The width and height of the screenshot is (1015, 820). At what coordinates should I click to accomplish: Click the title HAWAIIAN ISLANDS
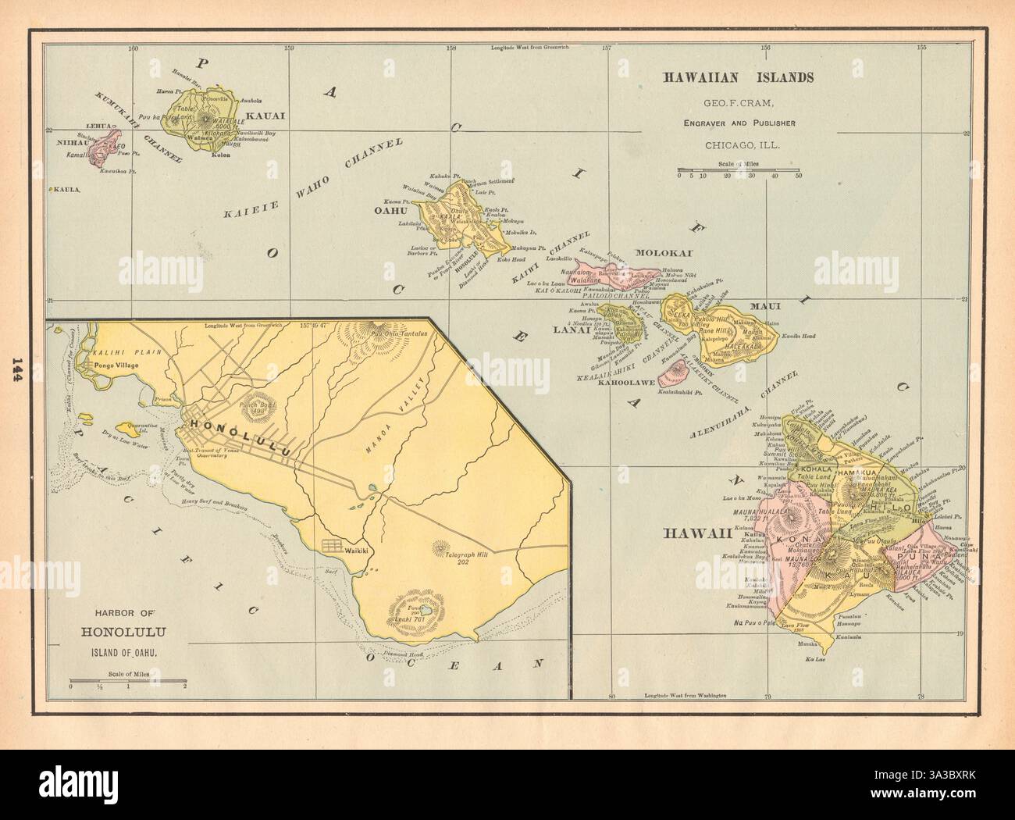(x=739, y=77)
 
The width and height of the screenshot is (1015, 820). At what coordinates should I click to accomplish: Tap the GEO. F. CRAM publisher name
(x=739, y=102)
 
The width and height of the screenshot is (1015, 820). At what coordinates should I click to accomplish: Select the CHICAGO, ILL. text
(x=739, y=144)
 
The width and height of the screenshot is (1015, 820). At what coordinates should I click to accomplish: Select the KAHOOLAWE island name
(x=625, y=383)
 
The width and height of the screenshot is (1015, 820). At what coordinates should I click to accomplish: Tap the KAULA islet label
(x=67, y=189)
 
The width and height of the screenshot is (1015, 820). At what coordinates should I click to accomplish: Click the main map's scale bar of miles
(x=738, y=169)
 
